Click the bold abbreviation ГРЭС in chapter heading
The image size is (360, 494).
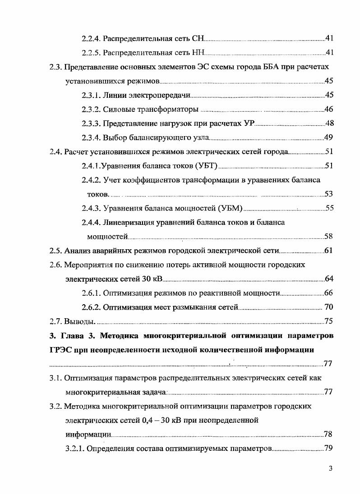tap(61, 350)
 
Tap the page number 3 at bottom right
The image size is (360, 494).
tap(331, 469)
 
